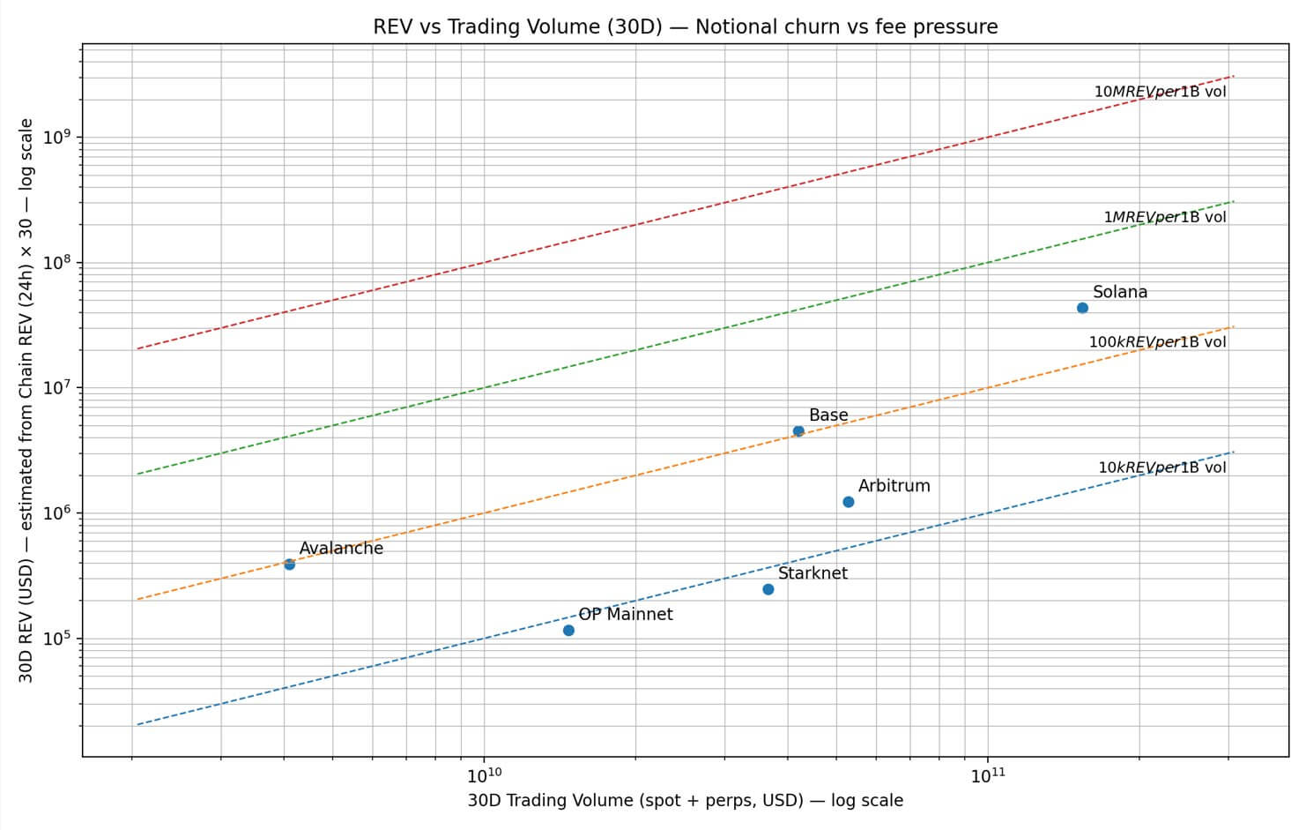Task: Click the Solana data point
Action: (1082, 308)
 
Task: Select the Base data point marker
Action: (798, 431)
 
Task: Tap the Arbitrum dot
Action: (849, 502)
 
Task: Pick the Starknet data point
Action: (768, 589)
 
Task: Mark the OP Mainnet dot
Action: (568, 631)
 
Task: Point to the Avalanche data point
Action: (289, 565)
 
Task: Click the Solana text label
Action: (1120, 292)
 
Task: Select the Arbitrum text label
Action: (894, 486)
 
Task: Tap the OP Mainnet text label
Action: (625, 615)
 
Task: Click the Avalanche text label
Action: (341, 549)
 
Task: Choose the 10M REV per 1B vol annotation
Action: (1160, 92)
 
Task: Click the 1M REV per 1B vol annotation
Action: (1164, 217)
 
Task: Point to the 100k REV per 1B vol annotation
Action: (1157, 342)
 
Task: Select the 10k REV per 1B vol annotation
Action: (1161, 467)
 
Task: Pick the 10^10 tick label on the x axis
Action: (484, 775)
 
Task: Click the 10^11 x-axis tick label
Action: (988, 775)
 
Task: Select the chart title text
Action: (686, 26)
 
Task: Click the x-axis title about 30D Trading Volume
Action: (685, 801)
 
